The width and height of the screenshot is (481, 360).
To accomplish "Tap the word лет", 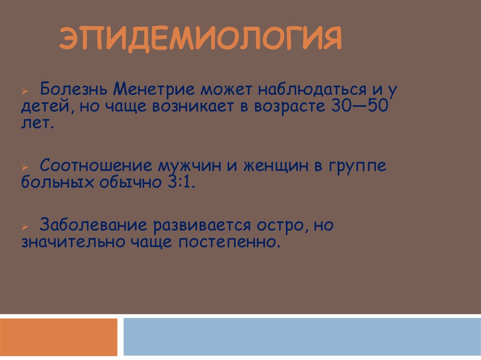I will point(38,124).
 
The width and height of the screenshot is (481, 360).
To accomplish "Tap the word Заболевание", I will point(94,225).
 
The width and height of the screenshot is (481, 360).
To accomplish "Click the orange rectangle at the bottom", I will point(58,337).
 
